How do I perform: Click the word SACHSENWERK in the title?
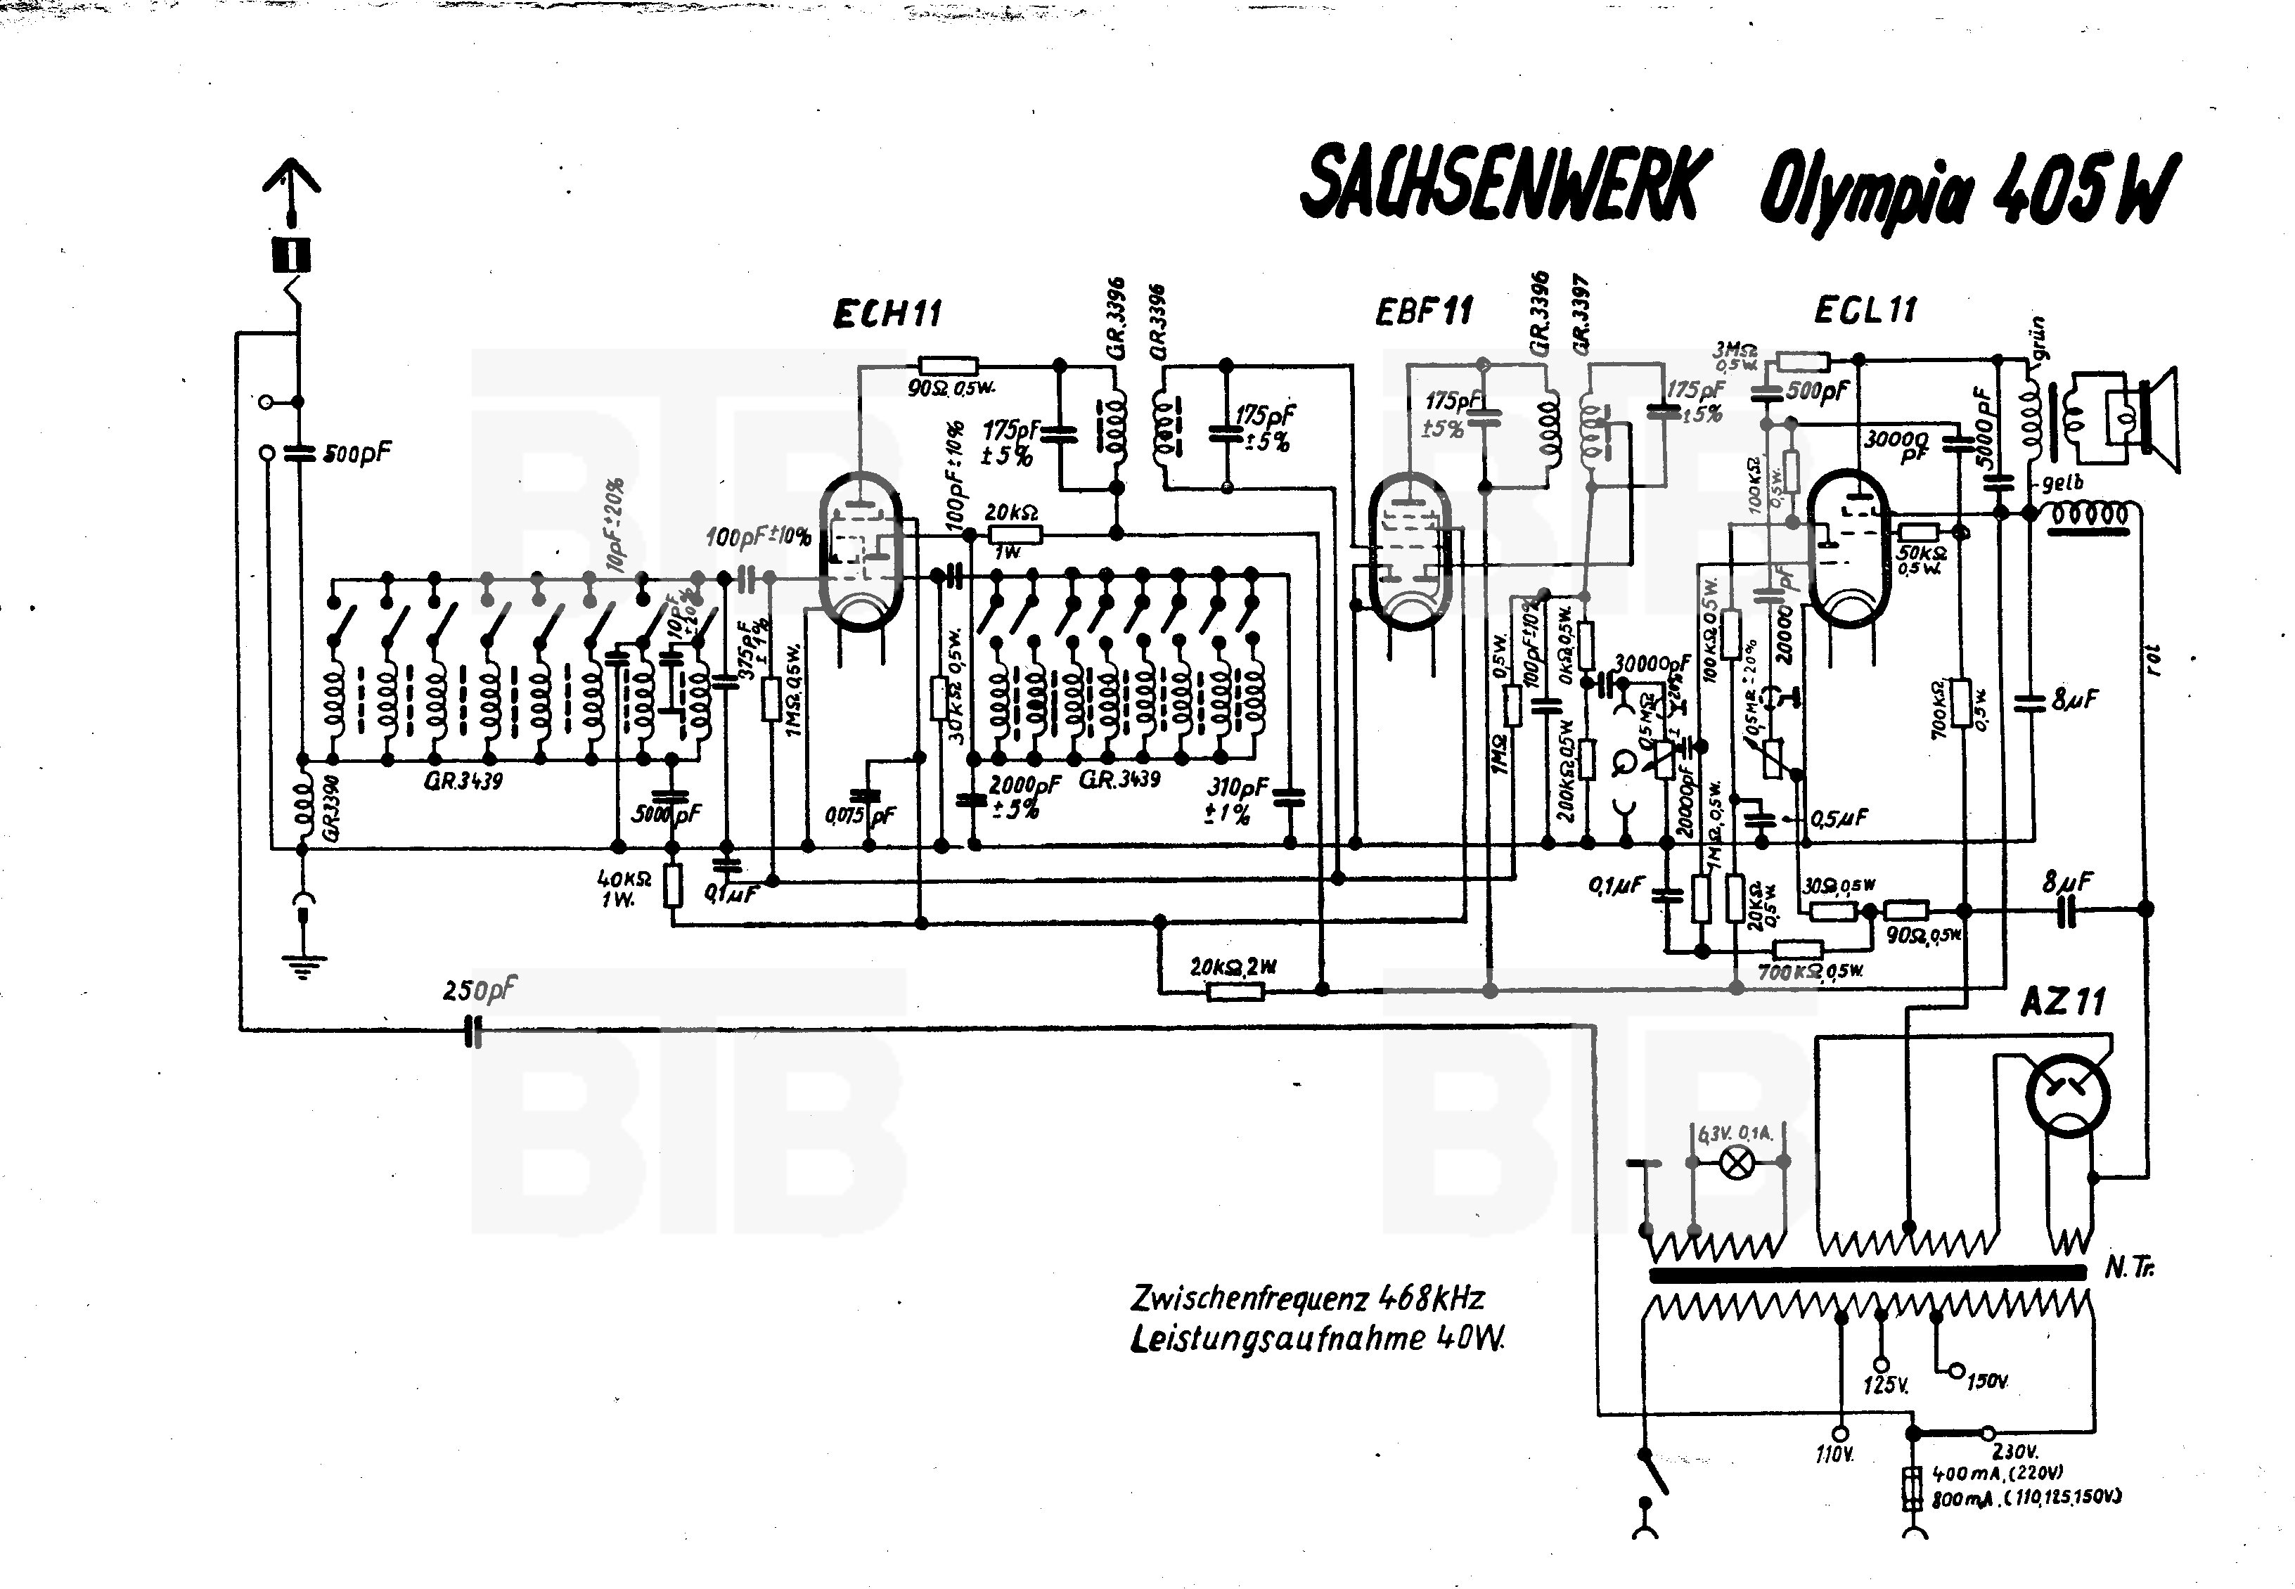coord(1500,186)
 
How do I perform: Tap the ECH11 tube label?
coord(886,314)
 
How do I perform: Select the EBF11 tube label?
coord(1423,311)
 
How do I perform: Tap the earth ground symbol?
coord(302,964)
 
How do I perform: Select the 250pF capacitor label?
coord(480,991)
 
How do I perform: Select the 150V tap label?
coord(1987,1382)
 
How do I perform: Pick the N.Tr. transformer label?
coord(2130,1269)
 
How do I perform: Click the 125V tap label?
coord(1885,1386)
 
